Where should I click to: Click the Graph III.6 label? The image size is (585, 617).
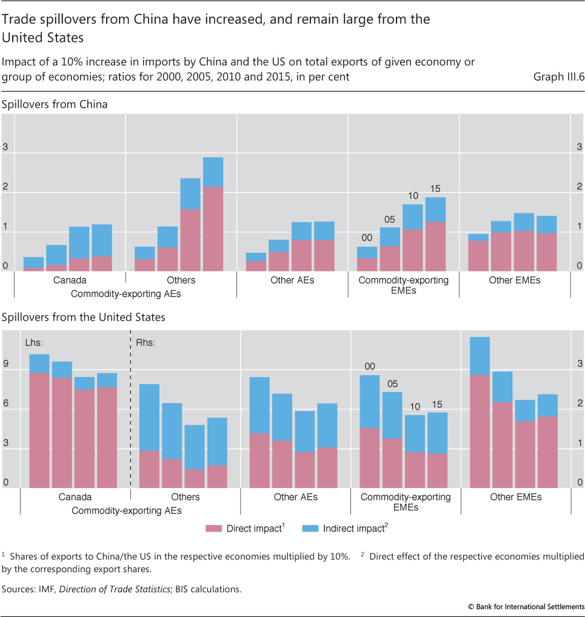[x=558, y=77]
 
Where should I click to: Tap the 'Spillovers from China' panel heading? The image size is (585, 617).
[x=55, y=104]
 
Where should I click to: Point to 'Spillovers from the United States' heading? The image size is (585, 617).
[x=84, y=317]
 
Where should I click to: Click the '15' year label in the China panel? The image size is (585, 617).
[x=435, y=188]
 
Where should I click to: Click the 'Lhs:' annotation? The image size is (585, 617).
[x=33, y=342]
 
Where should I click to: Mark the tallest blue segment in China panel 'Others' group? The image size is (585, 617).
[x=190, y=194]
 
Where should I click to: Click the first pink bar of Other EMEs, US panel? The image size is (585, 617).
[x=480, y=431]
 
